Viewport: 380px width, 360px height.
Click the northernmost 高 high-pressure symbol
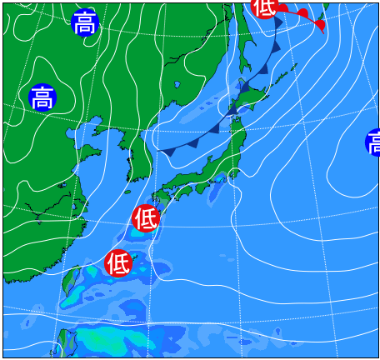(x=85, y=23)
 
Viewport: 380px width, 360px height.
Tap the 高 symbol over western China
(x=42, y=98)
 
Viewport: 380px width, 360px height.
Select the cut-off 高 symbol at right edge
(x=372, y=142)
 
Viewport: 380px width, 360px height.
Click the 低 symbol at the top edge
(x=264, y=7)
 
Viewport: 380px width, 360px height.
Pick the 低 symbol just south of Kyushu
(x=145, y=218)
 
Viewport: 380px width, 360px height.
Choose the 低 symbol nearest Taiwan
(x=118, y=263)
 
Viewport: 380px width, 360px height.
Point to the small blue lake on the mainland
(x=177, y=84)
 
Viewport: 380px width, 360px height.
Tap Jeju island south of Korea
(x=129, y=177)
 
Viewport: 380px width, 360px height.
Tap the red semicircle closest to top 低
(x=283, y=9)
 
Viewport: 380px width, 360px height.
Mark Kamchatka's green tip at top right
(x=326, y=7)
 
